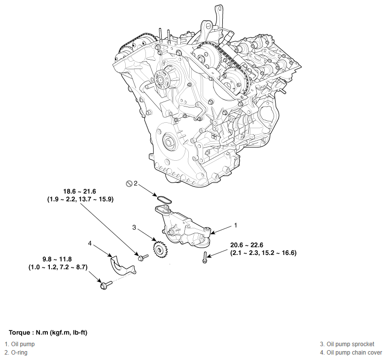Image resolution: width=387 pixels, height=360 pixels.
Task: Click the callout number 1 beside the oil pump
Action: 236,225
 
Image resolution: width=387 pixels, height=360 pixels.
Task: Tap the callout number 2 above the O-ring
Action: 136,183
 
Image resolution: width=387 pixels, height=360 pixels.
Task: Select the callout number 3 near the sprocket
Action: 134,227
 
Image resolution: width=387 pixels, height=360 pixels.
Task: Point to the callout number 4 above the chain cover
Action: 90,243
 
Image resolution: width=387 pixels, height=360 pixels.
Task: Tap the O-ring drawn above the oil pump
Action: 163,199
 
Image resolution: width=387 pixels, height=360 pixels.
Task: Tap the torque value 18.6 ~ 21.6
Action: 79,191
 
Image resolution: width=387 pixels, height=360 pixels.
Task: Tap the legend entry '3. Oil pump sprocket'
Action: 347,344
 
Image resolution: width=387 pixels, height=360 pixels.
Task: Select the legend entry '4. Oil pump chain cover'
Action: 351,353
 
